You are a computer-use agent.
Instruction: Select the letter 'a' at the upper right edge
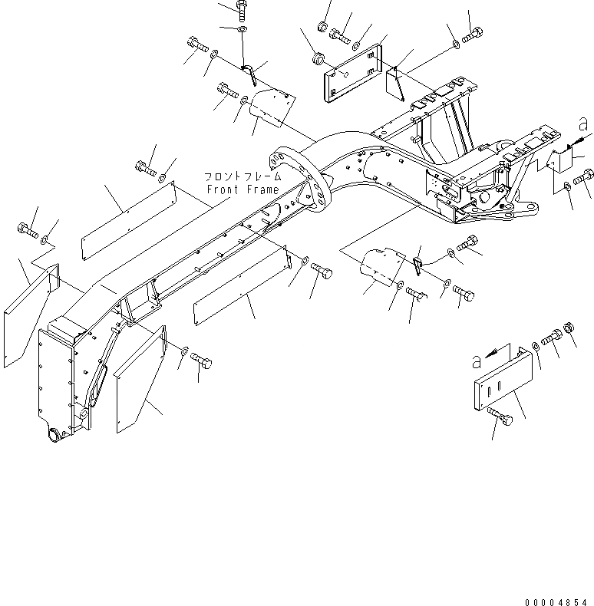(582, 124)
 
